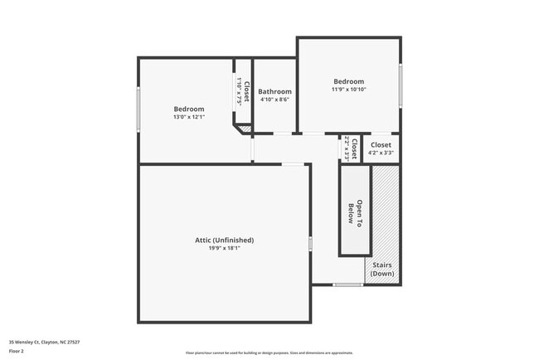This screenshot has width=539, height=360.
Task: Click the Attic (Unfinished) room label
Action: (224, 240)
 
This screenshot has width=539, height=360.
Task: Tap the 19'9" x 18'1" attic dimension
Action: (224, 248)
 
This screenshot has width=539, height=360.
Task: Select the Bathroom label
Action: (274, 91)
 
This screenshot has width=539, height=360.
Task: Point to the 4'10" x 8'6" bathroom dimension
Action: (274, 100)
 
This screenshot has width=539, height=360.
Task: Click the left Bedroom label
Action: (189, 109)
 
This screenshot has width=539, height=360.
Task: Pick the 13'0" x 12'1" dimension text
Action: (189, 117)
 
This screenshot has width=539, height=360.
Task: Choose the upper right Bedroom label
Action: (348, 81)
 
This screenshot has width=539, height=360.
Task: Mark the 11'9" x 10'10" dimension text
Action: (348, 90)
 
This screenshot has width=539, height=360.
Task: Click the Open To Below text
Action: (355, 210)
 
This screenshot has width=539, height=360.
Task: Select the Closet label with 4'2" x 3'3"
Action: (381, 144)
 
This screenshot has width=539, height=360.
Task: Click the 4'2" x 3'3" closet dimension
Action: (381, 153)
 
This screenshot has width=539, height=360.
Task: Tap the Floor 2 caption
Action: (17, 351)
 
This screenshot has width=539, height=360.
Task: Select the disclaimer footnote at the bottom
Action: (269, 352)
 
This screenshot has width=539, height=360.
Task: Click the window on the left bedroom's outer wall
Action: (138, 109)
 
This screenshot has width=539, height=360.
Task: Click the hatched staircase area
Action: (384, 216)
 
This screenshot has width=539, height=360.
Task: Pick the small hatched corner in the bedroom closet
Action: (245, 129)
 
